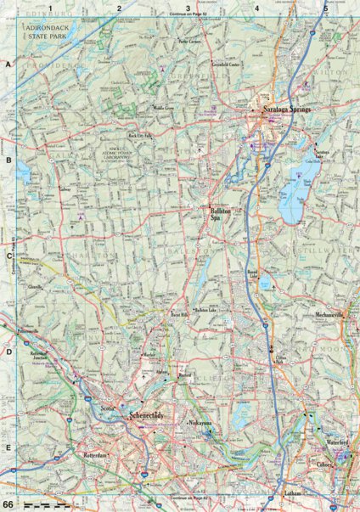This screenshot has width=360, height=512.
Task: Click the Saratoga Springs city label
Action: [287, 110]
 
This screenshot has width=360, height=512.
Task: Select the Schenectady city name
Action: [151, 416]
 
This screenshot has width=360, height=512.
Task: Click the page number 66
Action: [7, 504]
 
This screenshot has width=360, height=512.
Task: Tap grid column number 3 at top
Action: [188, 8]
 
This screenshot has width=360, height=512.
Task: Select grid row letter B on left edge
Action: [8, 159]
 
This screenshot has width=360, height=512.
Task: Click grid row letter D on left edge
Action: [8, 351]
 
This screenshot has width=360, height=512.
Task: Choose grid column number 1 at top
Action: [50, 8]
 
